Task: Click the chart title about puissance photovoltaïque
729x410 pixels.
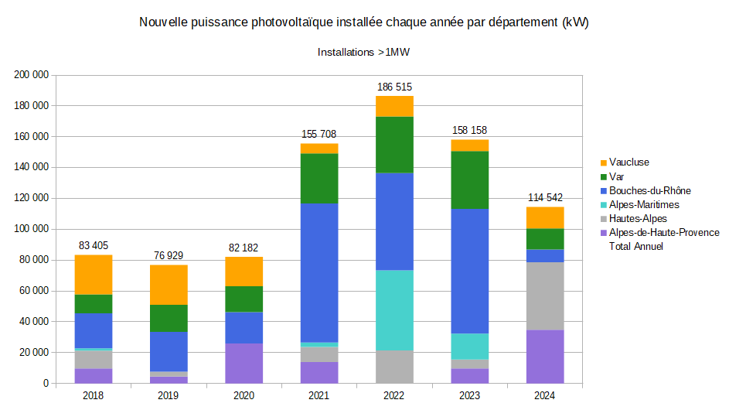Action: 363,23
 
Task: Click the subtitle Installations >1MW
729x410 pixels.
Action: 363,53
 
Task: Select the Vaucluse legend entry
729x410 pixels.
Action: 629,162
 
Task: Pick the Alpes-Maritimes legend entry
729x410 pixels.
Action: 643,204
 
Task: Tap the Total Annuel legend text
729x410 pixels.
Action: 635,246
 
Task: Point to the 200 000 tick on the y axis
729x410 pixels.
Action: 32,75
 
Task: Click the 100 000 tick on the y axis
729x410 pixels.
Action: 32,229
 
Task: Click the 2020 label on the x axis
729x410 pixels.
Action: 244,396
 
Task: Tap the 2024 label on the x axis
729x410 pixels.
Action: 545,396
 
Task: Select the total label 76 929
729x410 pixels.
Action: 169,256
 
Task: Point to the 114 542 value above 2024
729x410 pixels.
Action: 545,198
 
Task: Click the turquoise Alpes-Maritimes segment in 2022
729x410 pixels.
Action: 395,310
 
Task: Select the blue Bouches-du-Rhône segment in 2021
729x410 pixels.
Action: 319,273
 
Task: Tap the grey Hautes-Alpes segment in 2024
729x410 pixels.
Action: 545,296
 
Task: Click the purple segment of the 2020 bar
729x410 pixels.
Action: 244,363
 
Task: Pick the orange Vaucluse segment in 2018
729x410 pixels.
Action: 94,275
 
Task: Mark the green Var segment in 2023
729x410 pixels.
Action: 470,179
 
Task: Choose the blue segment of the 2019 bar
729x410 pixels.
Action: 169,352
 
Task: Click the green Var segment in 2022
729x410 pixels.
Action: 395,145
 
